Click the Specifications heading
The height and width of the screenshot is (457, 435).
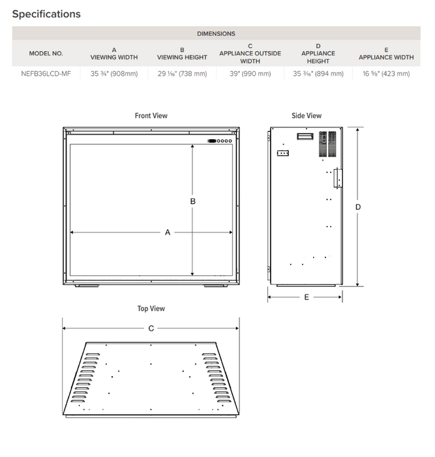(x=46, y=14)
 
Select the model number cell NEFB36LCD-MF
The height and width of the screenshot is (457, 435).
(x=46, y=74)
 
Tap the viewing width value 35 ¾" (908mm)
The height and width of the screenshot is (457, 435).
(x=113, y=74)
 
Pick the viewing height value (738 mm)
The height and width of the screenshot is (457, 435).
(x=182, y=74)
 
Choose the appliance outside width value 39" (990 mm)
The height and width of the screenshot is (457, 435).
(x=250, y=74)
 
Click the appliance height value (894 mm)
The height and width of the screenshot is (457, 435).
(x=318, y=74)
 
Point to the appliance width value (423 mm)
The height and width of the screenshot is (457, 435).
(x=386, y=74)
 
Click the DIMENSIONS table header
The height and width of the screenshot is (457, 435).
(x=216, y=33)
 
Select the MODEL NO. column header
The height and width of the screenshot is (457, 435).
(x=46, y=54)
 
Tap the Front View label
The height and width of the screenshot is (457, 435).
(x=151, y=116)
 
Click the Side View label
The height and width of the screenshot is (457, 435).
(x=307, y=116)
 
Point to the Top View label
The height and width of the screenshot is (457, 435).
(x=151, y=308)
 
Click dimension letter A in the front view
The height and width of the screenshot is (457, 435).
(x=168, y=232)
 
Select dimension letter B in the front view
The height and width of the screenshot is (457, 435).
(x=192, y=202)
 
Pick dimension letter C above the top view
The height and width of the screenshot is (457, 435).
(x=151, y=328)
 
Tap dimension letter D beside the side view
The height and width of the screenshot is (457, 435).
(x=358, y=207)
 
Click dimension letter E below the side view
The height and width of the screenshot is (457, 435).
(x=307, y=297)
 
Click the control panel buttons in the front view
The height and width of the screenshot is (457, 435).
(x=220, y=140)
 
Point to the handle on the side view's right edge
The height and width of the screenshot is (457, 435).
(x=338, y=178)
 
